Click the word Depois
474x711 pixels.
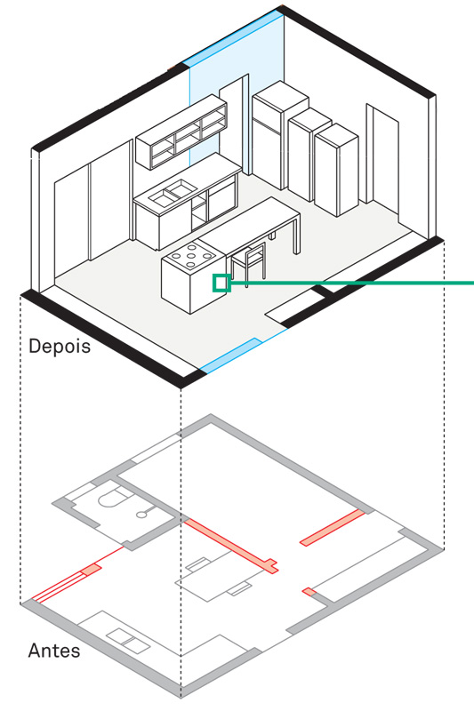[60, 347]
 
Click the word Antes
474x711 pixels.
[54, 651]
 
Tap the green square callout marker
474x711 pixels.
[221, 284]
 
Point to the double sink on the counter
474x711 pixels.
[173, 192]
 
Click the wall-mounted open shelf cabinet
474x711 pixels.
[181, 132]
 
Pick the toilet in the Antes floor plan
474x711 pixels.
[112, 497]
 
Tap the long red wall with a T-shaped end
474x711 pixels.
[231, 547]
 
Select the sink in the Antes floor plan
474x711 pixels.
[127, 641]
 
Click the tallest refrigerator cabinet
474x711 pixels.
[273, 136]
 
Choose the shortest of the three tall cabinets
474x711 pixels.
[336, 169]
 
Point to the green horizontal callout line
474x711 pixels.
[352, 284]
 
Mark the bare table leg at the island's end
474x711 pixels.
[296, 236]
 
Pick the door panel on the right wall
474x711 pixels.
[382, 161]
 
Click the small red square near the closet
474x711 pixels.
[309, 592]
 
